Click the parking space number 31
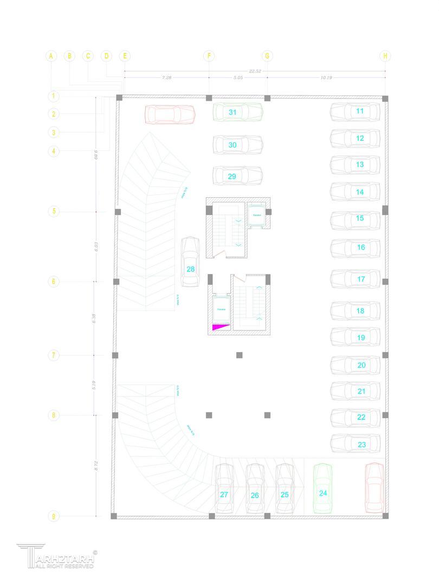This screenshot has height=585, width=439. point(233,112)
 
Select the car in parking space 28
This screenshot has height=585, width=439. point(190,262)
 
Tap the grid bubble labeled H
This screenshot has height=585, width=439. point(385,56)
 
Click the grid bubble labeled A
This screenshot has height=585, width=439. point(51,56)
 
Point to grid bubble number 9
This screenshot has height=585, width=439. point(53,516)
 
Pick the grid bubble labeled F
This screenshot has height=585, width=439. point(209,56)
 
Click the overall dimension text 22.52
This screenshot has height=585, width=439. point(255,70)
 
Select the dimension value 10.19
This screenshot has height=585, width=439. point(326,78)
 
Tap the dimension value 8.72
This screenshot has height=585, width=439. point(96,465)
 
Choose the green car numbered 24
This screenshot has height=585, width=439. point(323,489)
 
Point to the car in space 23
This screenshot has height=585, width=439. point(355,444)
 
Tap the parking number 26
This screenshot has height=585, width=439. point(255,495)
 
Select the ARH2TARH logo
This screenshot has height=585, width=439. point(56,556)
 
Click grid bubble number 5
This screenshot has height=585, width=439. point(53,211)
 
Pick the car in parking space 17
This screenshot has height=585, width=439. point(355,279)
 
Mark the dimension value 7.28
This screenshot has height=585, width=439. point(166,78)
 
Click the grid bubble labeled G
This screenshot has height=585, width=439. point(267,56)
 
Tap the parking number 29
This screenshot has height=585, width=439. point(232,177)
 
